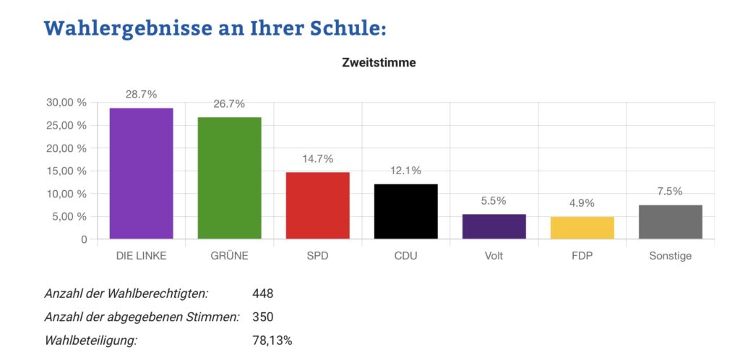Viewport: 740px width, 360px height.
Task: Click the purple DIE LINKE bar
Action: click(141, 173)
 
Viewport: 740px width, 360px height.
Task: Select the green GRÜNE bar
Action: click(229, 178)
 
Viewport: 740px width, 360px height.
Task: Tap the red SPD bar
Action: click(317, 205)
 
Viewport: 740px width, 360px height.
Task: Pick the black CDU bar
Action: click(405, 211)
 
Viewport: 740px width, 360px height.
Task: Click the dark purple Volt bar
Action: click(494, 226)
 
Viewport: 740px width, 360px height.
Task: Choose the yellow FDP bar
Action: click(582, 228)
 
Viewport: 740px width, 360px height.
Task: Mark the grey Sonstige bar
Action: click(670, 222)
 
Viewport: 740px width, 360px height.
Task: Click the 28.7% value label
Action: click(141, 95)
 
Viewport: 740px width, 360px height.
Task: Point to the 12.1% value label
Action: click(405, 171)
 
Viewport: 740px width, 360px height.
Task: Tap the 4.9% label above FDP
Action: click(582, 203)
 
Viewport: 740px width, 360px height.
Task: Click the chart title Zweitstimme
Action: click(379, 63)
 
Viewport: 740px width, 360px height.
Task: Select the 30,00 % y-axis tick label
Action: click(66, 103)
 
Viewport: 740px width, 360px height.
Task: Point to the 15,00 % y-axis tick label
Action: click(66, 171)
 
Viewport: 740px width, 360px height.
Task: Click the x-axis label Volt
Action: click(494, 256)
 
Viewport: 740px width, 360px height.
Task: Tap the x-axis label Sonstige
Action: click(670, 256)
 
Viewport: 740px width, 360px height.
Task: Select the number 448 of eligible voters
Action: click(263, 293)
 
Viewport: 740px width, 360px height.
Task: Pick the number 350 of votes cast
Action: click(263, 317)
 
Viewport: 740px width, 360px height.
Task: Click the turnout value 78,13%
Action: click(272, 340)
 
